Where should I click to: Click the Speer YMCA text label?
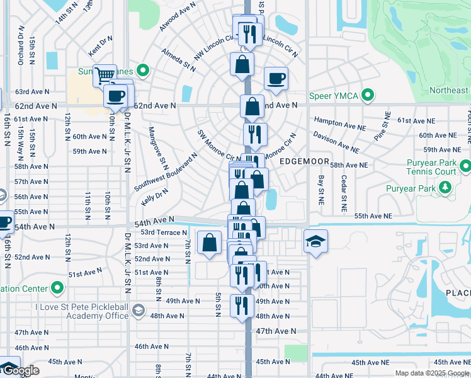[334, 96]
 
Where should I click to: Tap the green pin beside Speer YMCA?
[368, 96]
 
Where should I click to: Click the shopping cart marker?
[105, 75]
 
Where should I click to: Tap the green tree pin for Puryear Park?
[446, 187]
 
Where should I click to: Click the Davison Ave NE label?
[336, 142]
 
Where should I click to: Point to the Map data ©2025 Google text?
[432, 373]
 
